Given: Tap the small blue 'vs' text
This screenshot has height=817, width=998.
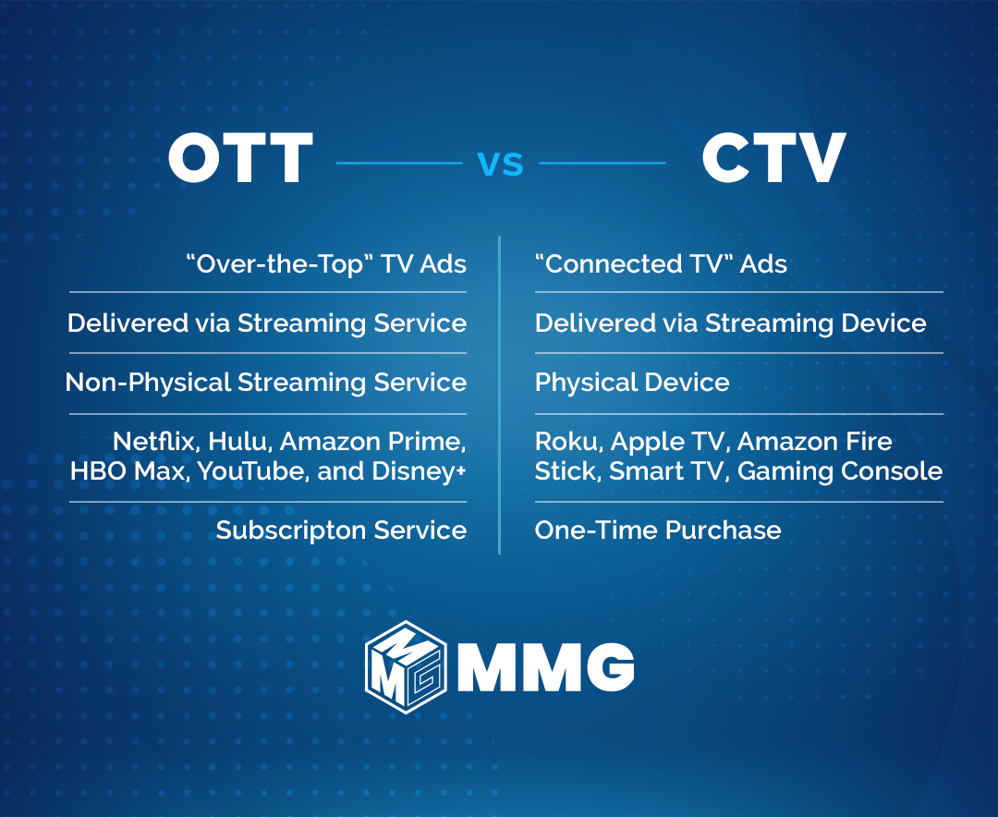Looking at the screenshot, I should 500,164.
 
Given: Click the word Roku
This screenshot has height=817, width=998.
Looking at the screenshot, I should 566,441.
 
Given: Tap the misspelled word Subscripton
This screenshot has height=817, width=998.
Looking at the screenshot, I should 295,530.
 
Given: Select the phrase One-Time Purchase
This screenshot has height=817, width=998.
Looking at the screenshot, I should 657,530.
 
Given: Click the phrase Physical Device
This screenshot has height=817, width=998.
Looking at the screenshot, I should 631,383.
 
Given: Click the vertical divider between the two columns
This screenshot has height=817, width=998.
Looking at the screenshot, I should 500,397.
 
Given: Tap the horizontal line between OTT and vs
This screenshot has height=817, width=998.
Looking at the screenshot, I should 398,164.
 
